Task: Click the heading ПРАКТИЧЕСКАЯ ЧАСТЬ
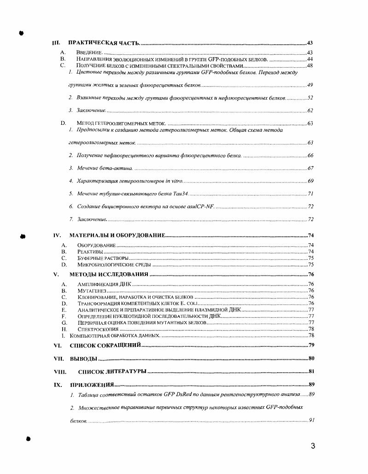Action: click(x=104, y=43)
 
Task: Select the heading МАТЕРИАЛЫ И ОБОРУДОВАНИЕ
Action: click(x=117, y=235)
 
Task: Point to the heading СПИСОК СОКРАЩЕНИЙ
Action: click(x=105, y=345)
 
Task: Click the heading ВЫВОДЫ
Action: click(x=83, y=358)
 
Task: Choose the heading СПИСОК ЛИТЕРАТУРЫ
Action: click(x=112, y=371)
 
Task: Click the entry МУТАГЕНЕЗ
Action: click(x=92, y=291)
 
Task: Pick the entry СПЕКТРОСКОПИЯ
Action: click(x=98, y=329)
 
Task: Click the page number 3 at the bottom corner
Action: click(x=313, y=445)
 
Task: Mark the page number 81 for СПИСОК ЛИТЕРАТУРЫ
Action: click(x=311, y=371)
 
